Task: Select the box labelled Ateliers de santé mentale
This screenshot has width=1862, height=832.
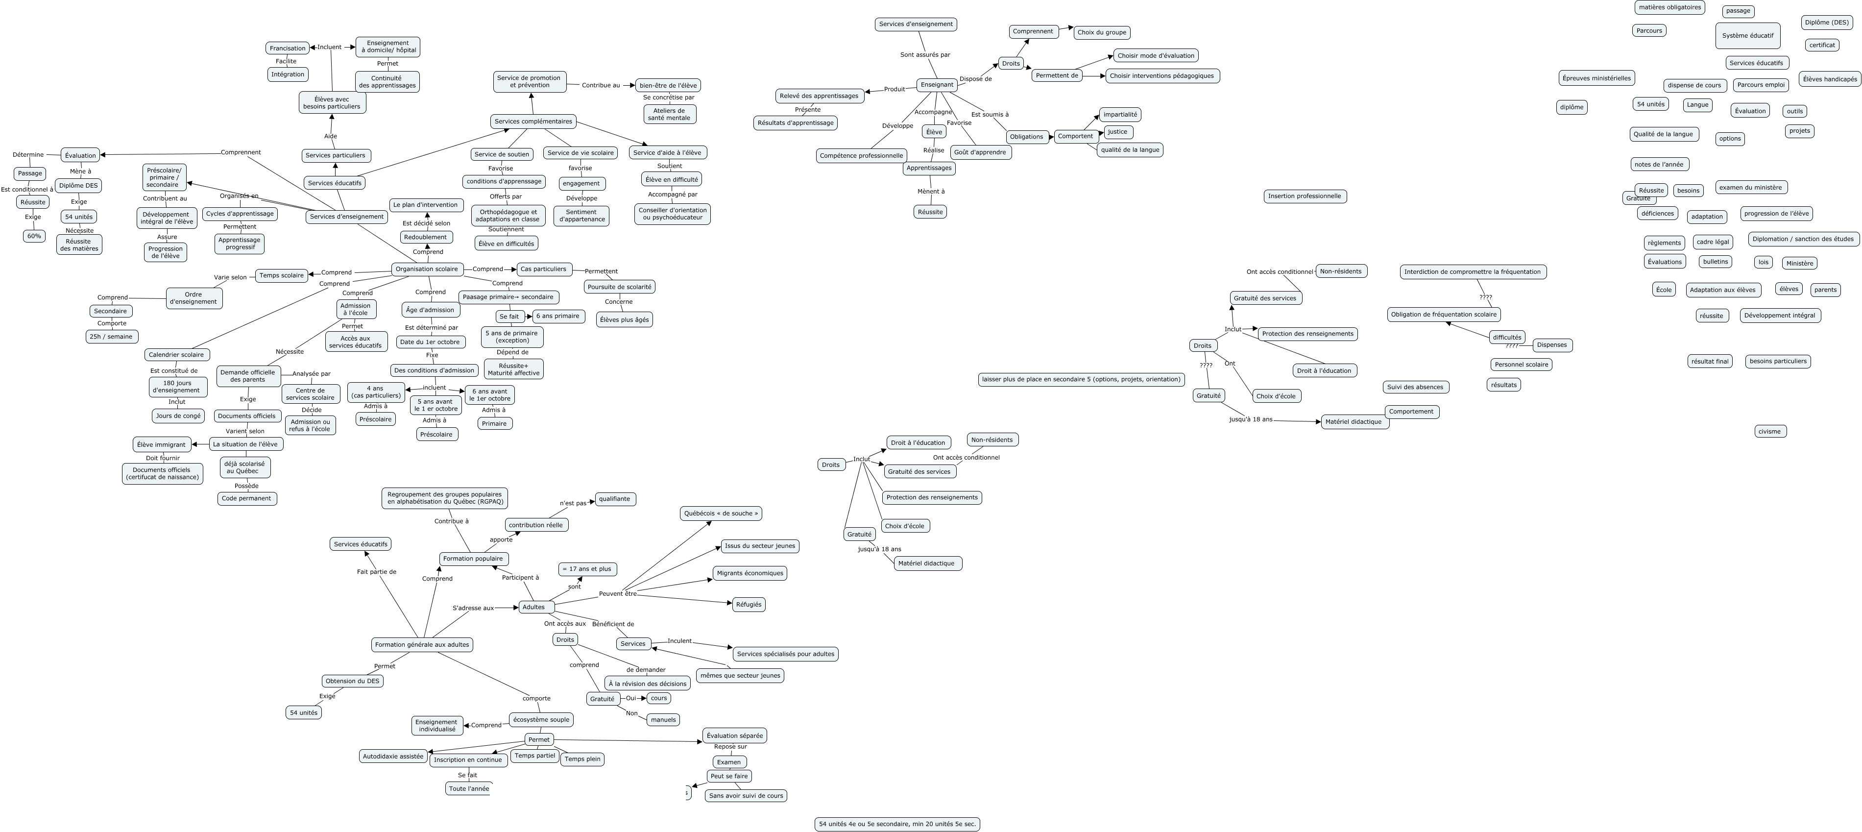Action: pyautogui.click(x=669, y=114)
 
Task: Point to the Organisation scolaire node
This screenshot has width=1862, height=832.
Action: pyautogui.click(x=427, y=269)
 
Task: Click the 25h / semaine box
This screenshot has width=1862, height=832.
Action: pyautogui.click(x=111, y=337)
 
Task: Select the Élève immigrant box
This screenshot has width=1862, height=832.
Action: pyautogui.click(x=161, y=444)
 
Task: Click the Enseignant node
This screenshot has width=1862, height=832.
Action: pyautogui.click(x=937, y=85)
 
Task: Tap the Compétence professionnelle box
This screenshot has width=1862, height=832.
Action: pyautogui.click(x=861, y=155)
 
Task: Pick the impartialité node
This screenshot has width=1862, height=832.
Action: pyautogui.click(x=1120, y=114)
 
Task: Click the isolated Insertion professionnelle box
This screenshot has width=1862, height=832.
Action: pyautogui.click(x=1305, y=196)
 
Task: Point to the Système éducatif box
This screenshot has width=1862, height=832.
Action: pyautogui.click(x=1747, y=35)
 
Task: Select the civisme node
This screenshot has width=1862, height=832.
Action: pyautogui.click(x=1769, y=432)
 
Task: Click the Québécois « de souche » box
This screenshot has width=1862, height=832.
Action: pyautogui.click(x=721, y=513)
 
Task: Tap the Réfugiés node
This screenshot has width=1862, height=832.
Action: pyautogui.click(x=748, y=604)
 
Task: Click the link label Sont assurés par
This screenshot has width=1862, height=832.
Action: pyautogui.click(x=924, y=55)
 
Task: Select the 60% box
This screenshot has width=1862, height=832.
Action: pyautogui.click(x=34, y=236)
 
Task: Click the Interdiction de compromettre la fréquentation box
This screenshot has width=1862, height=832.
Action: pyautogui.click(x=1473, y=272)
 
